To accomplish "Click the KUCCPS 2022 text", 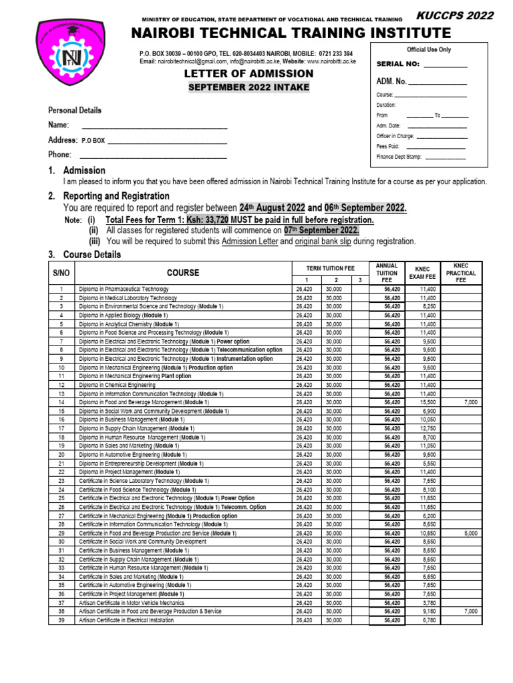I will tap(456, 16).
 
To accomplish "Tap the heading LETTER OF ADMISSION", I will tap(248, 73).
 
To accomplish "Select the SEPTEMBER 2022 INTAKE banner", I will tap(248, 87).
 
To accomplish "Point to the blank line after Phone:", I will tap(154, 155).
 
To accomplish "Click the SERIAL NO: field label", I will tap(399, 64).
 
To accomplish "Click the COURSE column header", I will tap(183, 273).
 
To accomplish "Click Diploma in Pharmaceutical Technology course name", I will tap(124, 289).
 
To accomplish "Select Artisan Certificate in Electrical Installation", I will tap(126, 620).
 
